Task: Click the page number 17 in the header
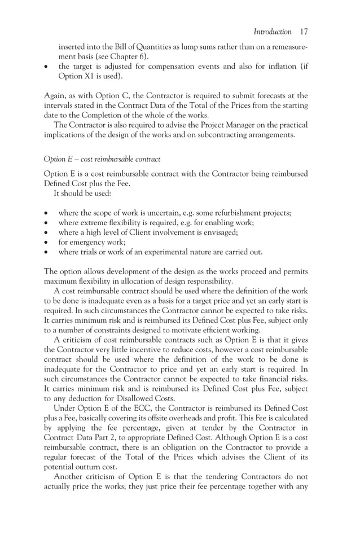304,32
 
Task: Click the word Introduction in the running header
273,32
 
